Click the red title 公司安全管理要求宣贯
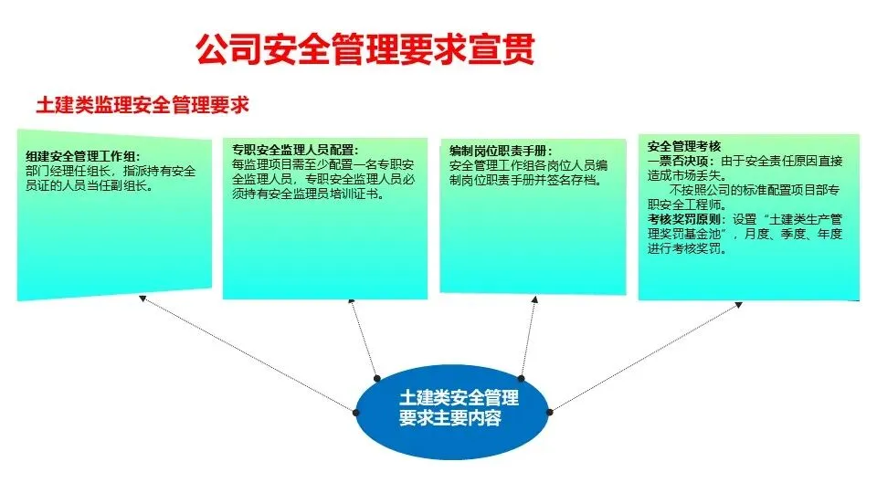pos(365,48)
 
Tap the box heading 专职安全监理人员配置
pos(294,151)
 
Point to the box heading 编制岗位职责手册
pos(501,151)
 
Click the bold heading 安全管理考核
pos(684,146)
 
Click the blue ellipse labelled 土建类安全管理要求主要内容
pos(452,408)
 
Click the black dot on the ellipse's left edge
pos(355,412)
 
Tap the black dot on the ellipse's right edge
pos(550,412)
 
